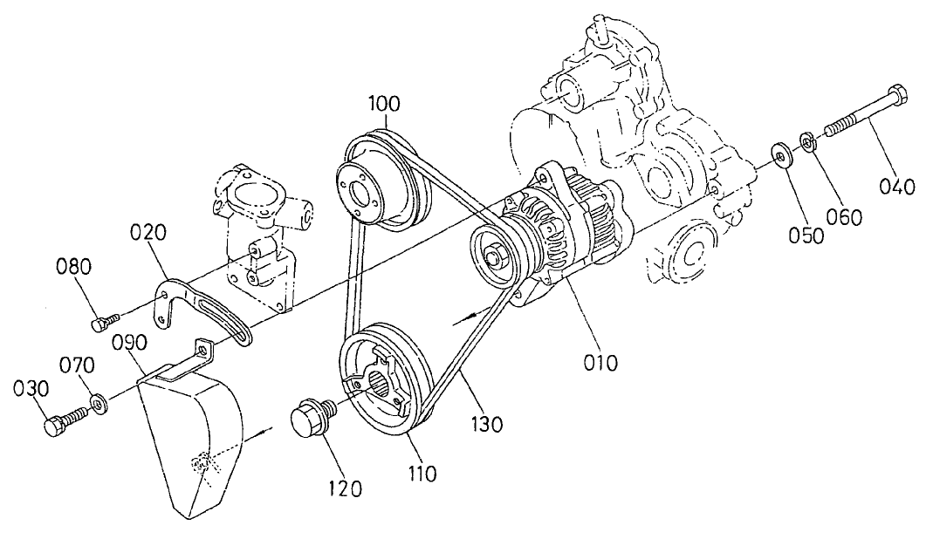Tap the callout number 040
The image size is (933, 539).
[x=896, y=185]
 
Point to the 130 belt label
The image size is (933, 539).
[x=486, y=425]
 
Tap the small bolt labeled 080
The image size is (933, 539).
[x=99, y=324]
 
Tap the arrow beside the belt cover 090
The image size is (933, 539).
[x=261, y=430]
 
